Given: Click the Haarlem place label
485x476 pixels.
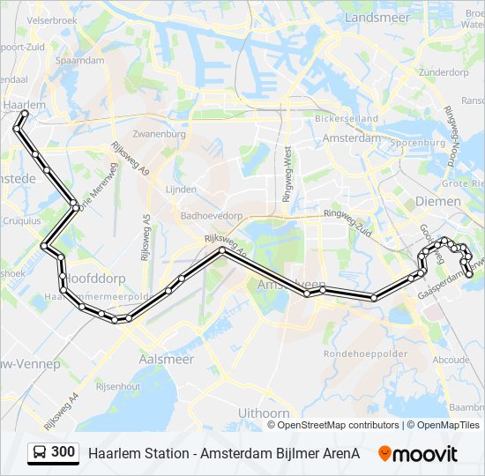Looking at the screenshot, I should (x=24, y=104).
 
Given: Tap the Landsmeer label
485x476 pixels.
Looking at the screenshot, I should (x=377, y=17).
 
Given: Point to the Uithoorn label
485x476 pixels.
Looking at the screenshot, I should (x=264, y=412).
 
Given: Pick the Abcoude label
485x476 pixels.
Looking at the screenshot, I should (x=451, y=360).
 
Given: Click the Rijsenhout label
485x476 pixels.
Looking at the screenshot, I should (x=118, y=386).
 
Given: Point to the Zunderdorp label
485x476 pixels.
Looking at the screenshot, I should (x=444, y=72).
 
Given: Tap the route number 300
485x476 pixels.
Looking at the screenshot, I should (x=63, y=452).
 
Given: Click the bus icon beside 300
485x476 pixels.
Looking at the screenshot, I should (x=41, y=452).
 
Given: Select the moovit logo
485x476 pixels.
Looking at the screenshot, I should (x=418, y=454).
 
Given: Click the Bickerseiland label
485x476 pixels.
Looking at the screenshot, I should (x=347, y=118).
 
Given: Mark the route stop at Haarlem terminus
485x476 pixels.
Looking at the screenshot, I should (x=25, y=114).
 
